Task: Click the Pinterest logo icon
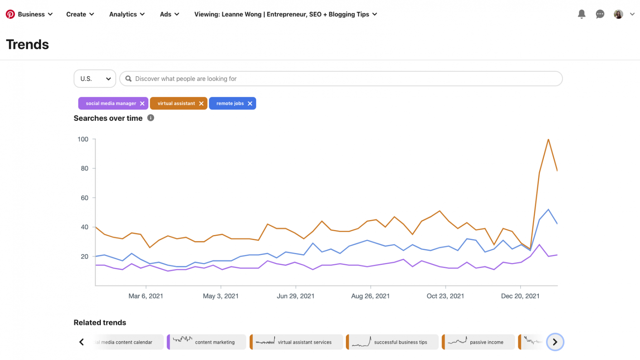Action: click(10, 14)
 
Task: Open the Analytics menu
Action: click(127, 14)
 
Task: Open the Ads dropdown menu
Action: click(169, 14)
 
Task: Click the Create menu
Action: click(80, 14)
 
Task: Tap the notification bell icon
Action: click(582, 14)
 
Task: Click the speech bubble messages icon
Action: click(600, 14)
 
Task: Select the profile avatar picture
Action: click(618, 14)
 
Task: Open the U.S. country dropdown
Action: click(95, 79)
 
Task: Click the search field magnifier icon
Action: click(128, 79)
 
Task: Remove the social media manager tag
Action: click(142, 103)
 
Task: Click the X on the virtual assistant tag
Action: click(201, 103)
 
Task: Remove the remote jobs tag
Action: click(250, 103)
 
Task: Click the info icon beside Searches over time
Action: click(151, 118)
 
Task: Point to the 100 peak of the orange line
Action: click(548, 139)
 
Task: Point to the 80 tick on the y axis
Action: click(85, 168)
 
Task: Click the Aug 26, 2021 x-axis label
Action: click(370, 296)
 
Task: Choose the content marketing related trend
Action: click(207, 342)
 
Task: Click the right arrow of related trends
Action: click(555, 342)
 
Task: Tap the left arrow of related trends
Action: click(82, 342)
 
